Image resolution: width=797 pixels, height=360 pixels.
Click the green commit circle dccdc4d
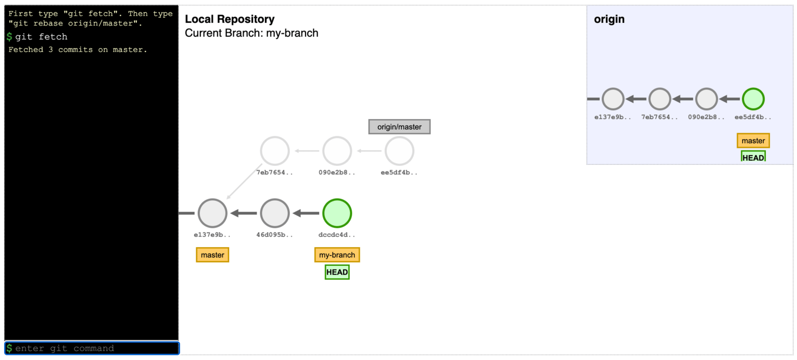[x=337, y=213]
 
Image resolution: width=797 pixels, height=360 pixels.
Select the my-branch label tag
[x=337, y=255]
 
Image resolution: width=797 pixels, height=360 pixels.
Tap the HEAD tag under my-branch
[x=337, y=272]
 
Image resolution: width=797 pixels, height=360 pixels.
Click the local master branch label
[x=212, y=255]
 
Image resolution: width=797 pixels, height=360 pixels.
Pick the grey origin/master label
[x=399, y=127]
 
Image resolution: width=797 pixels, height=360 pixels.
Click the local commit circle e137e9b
[x=212, y=213]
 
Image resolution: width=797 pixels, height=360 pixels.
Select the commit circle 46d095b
[x=274, y=213]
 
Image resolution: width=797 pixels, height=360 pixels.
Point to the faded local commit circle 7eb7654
[x=274, y=151]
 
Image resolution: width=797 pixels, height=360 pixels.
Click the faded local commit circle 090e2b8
[x=337, y=151]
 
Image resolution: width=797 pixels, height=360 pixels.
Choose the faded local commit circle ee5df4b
[x=399, y=151]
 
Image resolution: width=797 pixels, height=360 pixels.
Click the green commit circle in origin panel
[x=753, y=99]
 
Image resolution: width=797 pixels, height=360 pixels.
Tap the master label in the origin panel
[x=753, y=141]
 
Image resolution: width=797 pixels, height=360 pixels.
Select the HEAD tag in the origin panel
[x=753, y=157]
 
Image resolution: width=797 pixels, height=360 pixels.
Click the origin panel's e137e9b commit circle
[x=612, y=99]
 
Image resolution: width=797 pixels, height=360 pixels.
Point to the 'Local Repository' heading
[x=230, y=19]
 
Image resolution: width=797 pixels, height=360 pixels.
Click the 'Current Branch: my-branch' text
[x=251, y=33]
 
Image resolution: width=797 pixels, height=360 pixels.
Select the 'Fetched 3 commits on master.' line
[x=78, y=50]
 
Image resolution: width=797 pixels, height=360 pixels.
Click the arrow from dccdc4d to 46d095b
[x=306, y=213]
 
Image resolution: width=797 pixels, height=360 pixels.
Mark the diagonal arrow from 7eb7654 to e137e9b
[x=243, y=182]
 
